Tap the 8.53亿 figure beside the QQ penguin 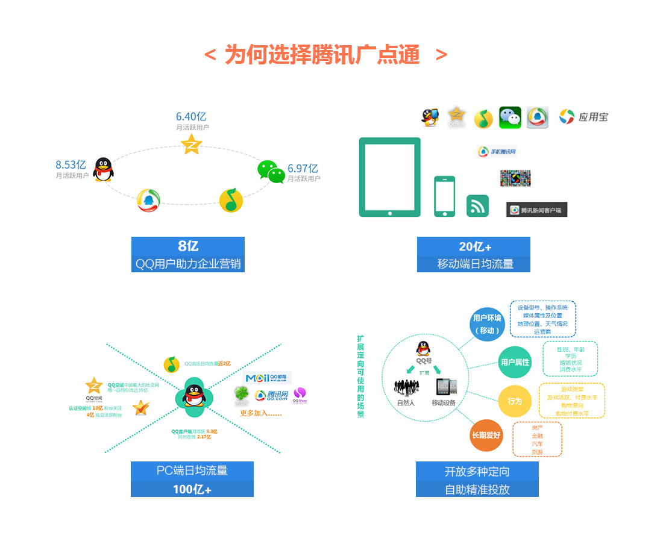[x=71, y=164]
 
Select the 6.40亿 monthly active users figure [x=191, y=116]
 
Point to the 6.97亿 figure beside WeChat [x=303, y=168]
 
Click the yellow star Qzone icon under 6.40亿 [x=192, y=144]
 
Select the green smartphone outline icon [x=445, y=196]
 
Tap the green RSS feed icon [x=477, y=206]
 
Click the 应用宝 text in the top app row [x=593, y=117]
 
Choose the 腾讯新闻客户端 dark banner [x=536, y=210]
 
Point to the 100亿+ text [x=192, y=489]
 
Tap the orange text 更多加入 [x=260, y=413]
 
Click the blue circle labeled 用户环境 [x=487, y=323]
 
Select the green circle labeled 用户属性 [x=515, y=362]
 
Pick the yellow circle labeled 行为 [x=515, y=401]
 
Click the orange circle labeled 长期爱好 [x=486, y=434]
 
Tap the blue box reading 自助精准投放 [x=477, y=489]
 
